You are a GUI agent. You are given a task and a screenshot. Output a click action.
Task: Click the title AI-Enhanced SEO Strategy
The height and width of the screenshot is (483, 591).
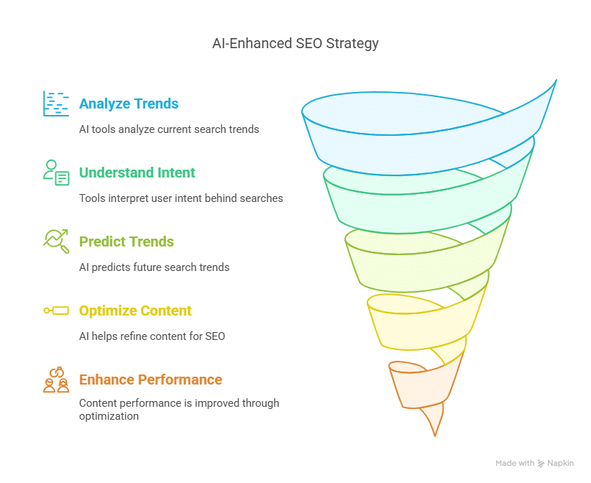coord(295,44)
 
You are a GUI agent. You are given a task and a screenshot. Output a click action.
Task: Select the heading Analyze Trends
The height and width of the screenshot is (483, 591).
coord(129,103)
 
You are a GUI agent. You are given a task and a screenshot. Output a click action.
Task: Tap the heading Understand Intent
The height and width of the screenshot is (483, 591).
coord(137,172)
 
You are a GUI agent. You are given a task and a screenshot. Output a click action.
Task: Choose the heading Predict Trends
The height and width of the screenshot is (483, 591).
coord(127,241)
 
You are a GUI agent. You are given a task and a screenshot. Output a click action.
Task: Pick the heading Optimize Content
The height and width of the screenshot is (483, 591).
coord(135,310)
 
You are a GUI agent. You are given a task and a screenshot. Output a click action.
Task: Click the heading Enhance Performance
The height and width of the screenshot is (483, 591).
coord(150,379)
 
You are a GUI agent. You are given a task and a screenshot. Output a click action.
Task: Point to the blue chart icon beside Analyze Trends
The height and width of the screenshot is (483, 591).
coord(56,103)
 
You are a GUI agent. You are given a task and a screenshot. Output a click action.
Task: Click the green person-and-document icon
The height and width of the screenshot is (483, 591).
coord(56,172)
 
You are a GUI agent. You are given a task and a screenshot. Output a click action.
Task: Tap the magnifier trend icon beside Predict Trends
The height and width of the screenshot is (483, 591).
coord(56,241)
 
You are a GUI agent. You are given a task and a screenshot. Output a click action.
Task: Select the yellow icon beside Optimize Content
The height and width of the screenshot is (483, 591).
coord(56,310)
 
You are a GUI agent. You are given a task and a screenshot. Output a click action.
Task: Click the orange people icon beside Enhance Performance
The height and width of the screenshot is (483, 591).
coord(56,379)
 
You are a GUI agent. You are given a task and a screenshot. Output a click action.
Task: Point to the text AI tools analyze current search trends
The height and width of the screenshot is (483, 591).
coord(169,129)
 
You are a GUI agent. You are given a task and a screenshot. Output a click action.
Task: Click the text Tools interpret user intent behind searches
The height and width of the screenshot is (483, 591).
coord(181,198)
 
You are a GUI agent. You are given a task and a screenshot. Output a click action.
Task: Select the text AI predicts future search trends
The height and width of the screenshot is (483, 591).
coord(154,267)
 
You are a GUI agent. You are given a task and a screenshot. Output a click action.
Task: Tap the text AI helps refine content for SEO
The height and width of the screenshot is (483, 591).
coord(152,336)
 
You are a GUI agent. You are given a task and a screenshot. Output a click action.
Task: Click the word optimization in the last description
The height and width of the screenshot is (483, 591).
coord(109,416)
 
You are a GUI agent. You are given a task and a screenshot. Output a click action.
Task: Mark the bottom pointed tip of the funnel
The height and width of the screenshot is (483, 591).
coord(435,436)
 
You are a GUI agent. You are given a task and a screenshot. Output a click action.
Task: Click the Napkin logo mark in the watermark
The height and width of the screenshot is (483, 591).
coord(541,464)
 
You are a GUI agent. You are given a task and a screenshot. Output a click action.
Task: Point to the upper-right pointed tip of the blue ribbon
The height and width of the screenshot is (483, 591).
coord(556,80)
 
